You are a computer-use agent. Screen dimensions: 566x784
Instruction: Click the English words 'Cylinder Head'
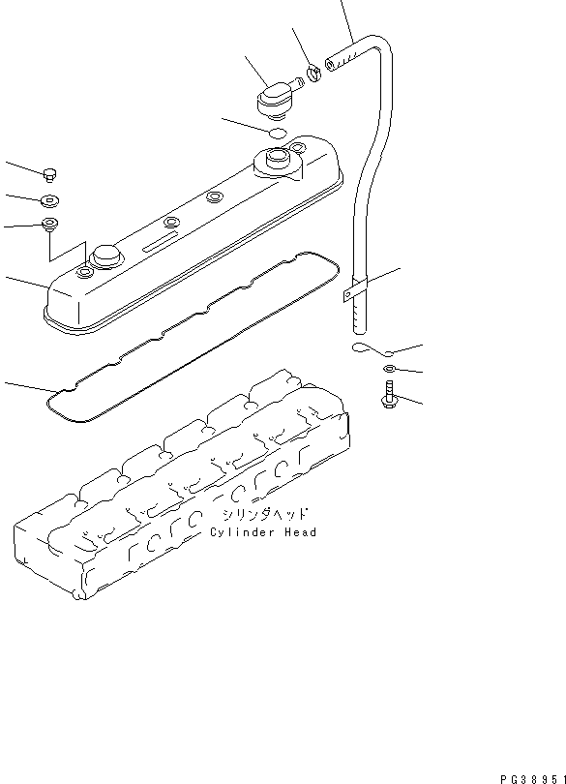(x=263, y=532)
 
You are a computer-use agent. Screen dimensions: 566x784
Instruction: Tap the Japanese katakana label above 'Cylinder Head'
(x=264, y=514)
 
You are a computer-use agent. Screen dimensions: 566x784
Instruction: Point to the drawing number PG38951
(x=533, y=779)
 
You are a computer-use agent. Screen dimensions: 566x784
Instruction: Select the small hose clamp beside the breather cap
(x=313, y=74)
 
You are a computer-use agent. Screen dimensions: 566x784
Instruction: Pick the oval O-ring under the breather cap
(x=277, y=133)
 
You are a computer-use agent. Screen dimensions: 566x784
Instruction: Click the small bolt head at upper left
(x=49, y=174)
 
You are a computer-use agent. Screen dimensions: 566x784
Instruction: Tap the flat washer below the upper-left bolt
(x=50, y=201)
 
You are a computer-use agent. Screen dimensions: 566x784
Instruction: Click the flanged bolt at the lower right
(x=389, y=394)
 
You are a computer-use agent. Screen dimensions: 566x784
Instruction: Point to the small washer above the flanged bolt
(x=389, y=369)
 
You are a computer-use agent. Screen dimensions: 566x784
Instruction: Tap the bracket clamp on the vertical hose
(x=355, y=290)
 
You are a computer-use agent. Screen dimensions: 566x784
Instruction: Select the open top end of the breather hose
(x=330, y=64)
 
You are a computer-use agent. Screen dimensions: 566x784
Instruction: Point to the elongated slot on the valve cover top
(x=160, y=242)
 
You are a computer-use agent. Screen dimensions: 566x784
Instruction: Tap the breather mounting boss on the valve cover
(x=278, y=163)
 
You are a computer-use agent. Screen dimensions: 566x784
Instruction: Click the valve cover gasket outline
(x=193, y=336)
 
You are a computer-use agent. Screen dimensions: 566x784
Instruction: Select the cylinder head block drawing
(x=182, y=484)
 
